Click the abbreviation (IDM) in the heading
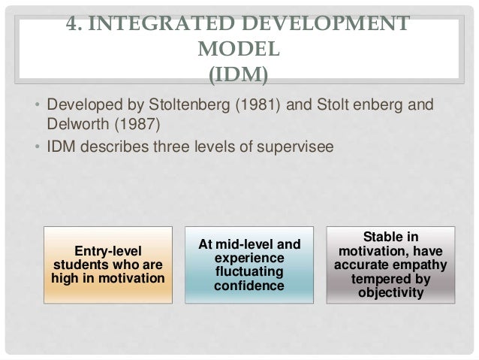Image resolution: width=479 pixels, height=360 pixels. (239, 75)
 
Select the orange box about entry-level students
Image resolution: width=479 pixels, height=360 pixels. (108, 265)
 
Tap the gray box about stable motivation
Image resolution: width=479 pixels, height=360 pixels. (391, 265)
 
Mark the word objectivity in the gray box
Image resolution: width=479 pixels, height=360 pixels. (392, 293)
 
